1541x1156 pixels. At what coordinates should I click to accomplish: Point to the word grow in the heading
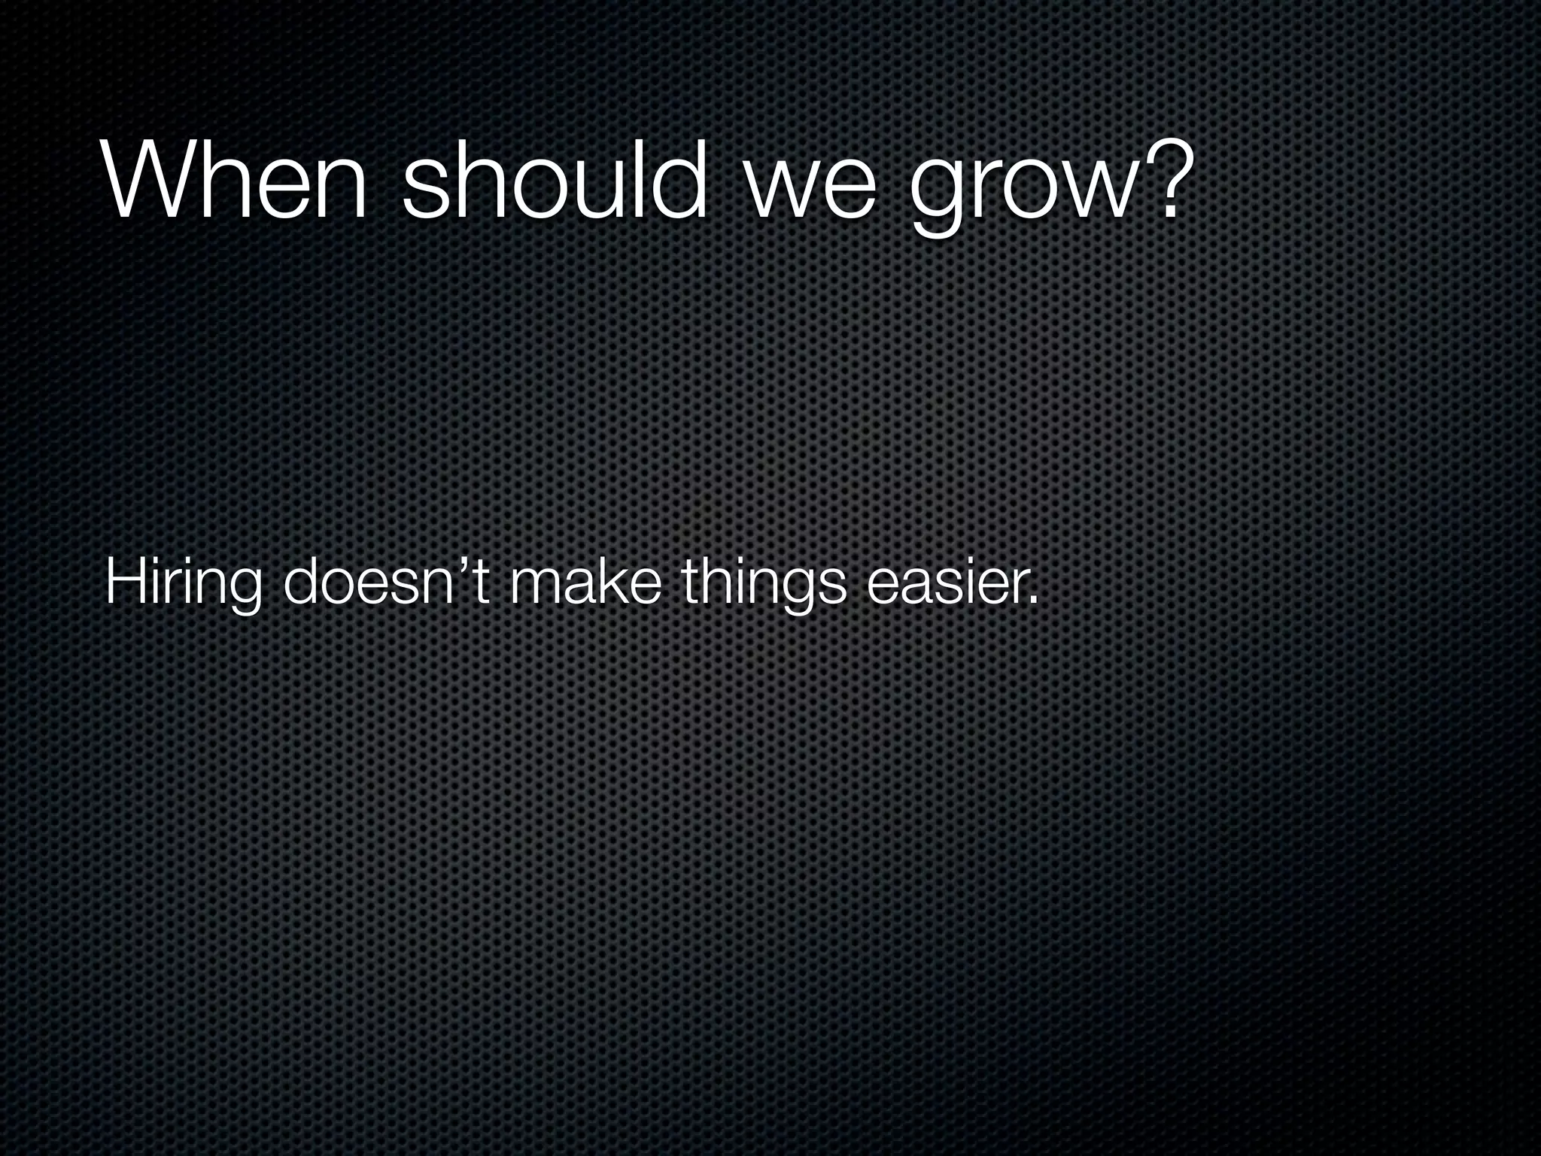tap(1023, 192)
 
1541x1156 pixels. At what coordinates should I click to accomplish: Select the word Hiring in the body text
tap(184, 584)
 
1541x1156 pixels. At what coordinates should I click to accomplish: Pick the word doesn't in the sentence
tap(388, 583)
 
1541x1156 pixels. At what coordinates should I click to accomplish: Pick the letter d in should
tap(680, 180)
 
